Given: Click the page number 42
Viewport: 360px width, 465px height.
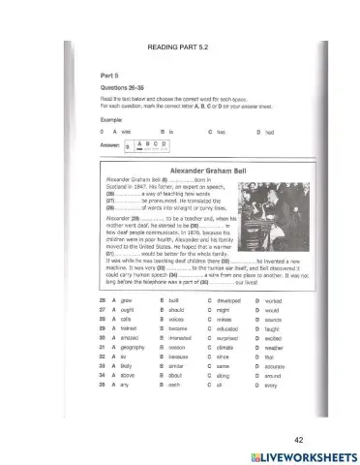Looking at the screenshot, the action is click(298, 411).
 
